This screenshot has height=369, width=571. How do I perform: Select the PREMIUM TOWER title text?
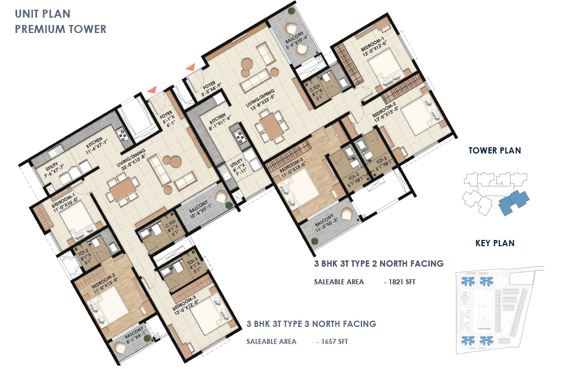[60, 29]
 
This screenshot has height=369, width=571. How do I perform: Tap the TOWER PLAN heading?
[494, 151]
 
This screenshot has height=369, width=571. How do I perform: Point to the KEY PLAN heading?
[495, 243]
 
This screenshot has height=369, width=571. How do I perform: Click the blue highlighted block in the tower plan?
[513, 201]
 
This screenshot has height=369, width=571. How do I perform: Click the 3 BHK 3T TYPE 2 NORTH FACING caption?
[378, 264]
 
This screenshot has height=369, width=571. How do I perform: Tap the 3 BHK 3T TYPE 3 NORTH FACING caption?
[311, 324]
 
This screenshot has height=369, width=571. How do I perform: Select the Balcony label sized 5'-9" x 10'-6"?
[296, 42]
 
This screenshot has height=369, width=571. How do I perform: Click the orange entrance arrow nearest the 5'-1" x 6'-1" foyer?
[151, 89]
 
